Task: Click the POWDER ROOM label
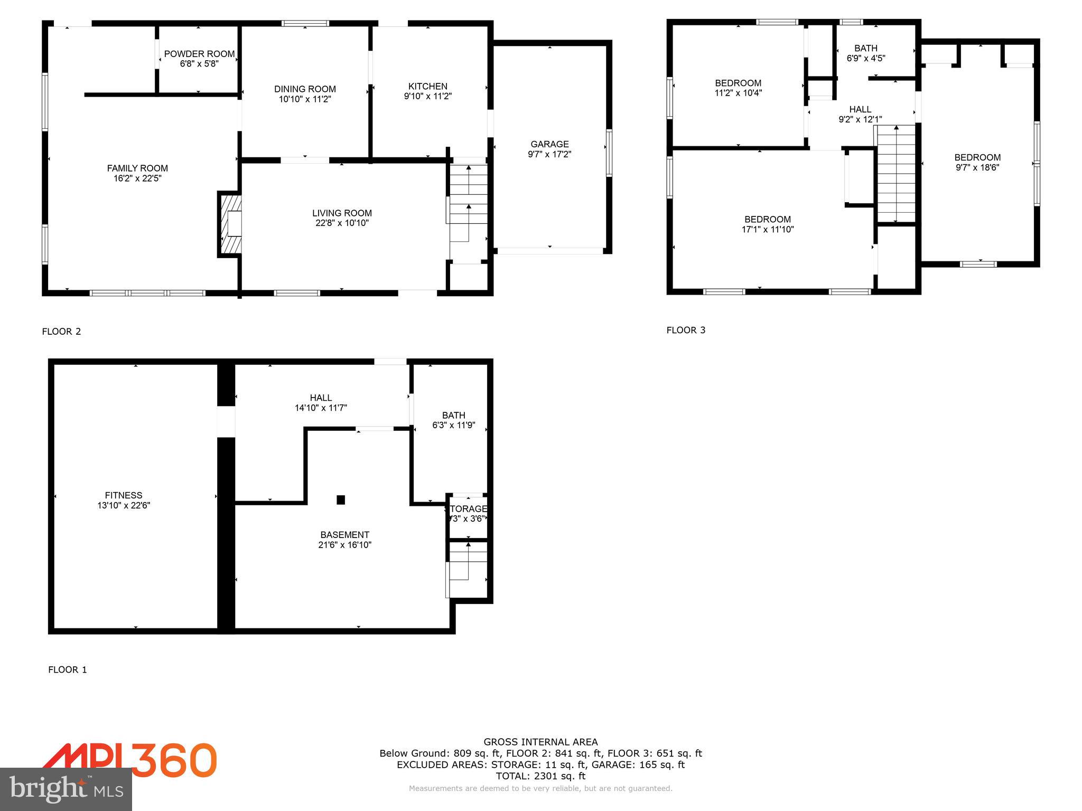[x=199, y=54]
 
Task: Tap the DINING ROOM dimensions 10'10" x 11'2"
[x=305, y=99]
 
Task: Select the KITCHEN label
[x=427, y=86]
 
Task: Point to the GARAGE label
[x=549, y=144]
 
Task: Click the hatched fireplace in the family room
[x=231, y=224]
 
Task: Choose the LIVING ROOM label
[x=342, y=213]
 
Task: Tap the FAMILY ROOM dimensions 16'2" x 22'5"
[x=137, y=178]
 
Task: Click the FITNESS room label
[x=124, y=495]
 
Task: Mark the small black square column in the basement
[x=341, y=499]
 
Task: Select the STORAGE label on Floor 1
[x=466, y=509]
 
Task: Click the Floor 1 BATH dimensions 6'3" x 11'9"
[x=453, y=426]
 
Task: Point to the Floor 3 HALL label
[x=860, y=109]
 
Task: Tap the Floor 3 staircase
[x=896, y=174]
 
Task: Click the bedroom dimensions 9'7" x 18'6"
[x=977, y=168]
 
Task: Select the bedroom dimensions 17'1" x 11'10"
[x=768, y=230]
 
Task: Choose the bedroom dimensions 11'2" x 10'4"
[x=738, y=93]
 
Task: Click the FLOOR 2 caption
[x=61, y=332]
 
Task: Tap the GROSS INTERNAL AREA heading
[x=540, y=742]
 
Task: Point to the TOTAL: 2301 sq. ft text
[x=540, y=776]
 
